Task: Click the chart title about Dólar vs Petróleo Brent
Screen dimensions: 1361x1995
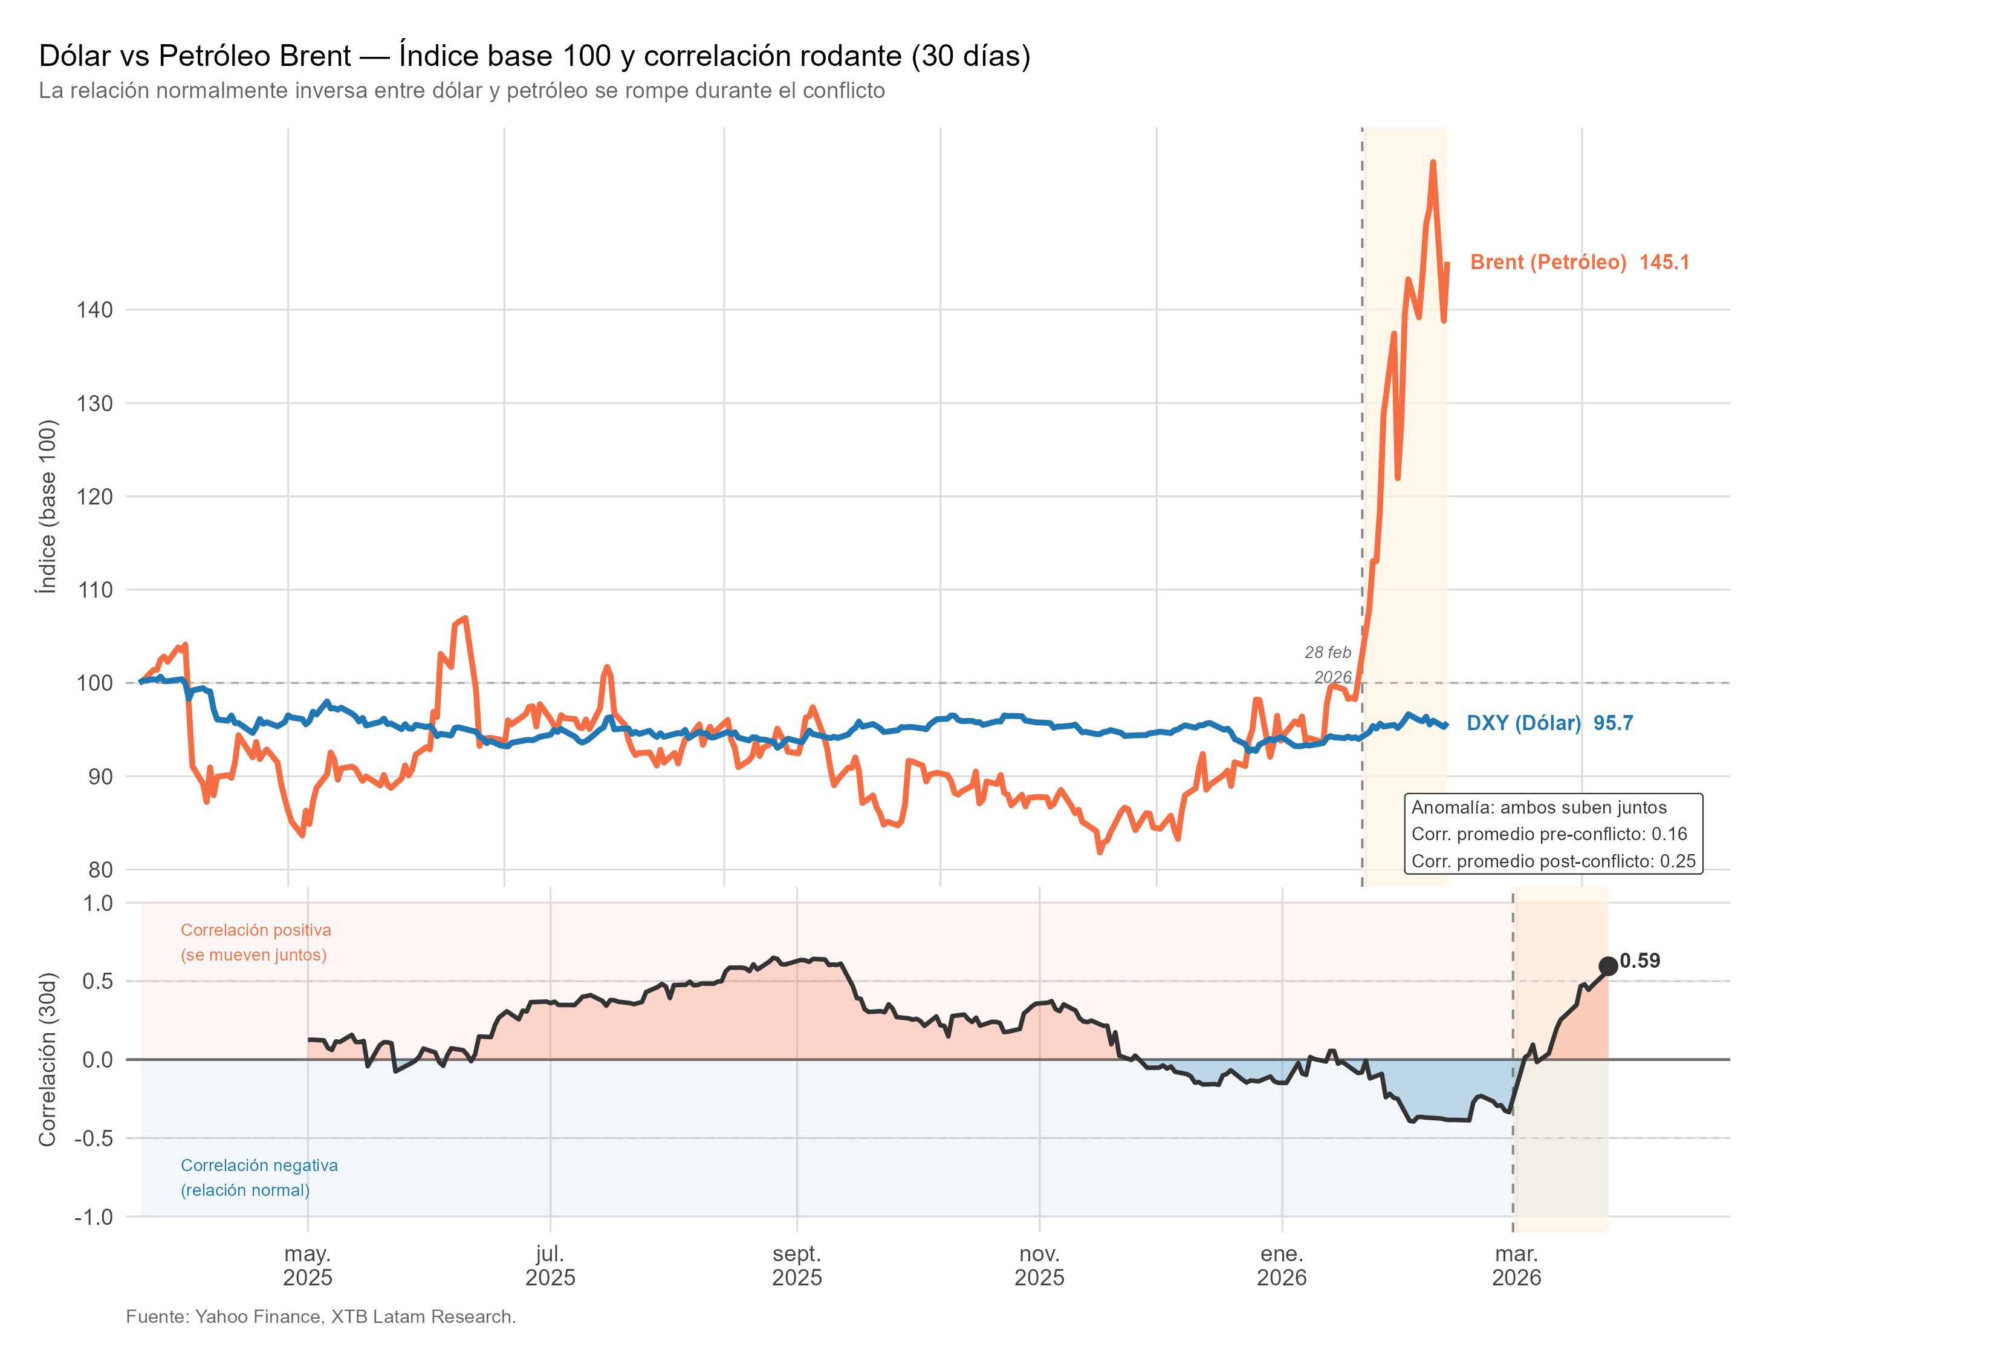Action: pos(534,56)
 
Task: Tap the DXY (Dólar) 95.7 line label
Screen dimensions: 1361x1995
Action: pos(1549,723)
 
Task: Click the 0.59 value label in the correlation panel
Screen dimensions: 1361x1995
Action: pos(1640,961)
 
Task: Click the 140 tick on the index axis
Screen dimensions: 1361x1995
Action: pos(94,310)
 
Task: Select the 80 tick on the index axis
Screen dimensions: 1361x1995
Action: pos(100,870)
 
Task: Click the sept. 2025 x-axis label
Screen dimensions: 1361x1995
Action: pos(797,1265)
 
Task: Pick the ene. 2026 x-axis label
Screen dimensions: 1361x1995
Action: pos(1282,1265)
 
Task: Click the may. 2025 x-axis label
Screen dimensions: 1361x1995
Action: pos(307,1265)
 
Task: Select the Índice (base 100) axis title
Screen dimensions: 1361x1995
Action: pos(47,507)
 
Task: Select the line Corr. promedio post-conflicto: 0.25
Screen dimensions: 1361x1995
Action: pos(1553,861)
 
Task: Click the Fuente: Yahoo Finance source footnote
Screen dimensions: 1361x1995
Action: pos(320,1316)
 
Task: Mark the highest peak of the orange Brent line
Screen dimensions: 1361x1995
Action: pos(1433,162)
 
